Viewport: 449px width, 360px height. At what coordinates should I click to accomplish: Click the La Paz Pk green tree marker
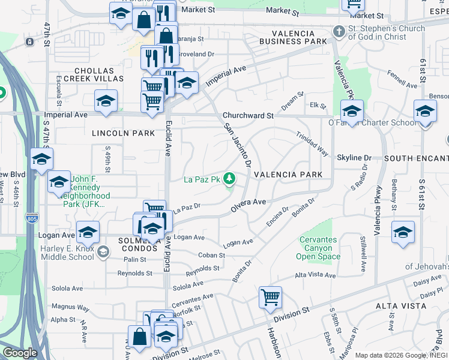[x=229, y=178]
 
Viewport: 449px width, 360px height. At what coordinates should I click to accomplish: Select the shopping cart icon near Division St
[x=270, y=296]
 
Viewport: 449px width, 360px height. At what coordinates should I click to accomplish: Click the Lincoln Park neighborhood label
[x=123, y=133]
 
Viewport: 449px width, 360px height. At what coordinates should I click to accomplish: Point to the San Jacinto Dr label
[x=236, y=145]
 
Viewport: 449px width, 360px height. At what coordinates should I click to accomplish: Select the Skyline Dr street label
[x=354, y=158]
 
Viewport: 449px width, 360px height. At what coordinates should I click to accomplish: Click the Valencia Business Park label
[x=294, y=37]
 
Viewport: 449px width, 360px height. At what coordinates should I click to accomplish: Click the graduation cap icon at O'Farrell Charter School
[x=352, y=110]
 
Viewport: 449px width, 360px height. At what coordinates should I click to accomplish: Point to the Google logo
[x=20, y=353]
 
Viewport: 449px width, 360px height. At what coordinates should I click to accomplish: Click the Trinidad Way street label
[x=312, y=144]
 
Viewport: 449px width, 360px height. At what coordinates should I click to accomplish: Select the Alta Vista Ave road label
[x=315, y=275]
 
